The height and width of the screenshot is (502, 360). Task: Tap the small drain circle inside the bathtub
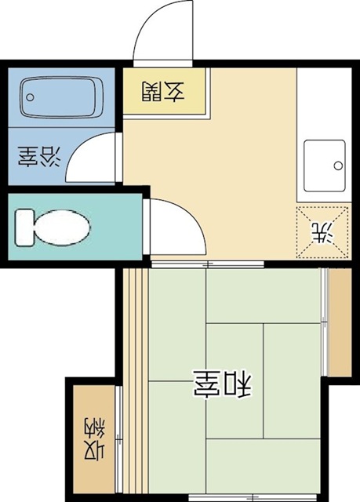click(x=31, y=98)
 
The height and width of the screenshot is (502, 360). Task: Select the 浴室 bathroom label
click(x=37, y=158)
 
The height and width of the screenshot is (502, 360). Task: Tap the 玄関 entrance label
click(x=163, y=93)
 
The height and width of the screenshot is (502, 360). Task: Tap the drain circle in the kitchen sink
click(x=337, y=166)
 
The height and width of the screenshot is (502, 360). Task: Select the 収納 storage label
click(x=93, y=439)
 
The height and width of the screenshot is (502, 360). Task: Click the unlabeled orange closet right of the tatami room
click(x=340, y=323)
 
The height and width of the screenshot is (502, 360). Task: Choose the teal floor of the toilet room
click(x=110, y=235)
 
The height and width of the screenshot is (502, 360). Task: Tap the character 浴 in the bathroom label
click(x=49, y=158)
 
